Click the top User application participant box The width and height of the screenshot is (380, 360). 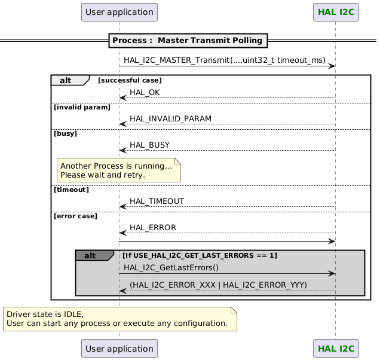(x=119, y=12)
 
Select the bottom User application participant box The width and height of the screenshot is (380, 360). (x=119, y=348)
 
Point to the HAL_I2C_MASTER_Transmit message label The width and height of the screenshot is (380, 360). (x=225, y=61)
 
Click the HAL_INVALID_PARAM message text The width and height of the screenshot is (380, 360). (x=170, y=119)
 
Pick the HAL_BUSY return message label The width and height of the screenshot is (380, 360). (x=149, y=145)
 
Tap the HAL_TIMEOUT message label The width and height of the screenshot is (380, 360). (x=157, y=202)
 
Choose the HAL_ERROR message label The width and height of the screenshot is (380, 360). (x=152, y=228)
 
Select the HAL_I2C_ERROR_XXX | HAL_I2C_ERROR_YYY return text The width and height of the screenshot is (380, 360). (x=218, y=285)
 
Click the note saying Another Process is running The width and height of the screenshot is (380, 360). (x=119, y=170)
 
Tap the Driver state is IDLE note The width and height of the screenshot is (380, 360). (x=119, y=319)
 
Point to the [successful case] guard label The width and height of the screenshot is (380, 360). (x=130, y=80)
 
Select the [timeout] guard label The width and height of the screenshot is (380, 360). (x=71, y=190)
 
